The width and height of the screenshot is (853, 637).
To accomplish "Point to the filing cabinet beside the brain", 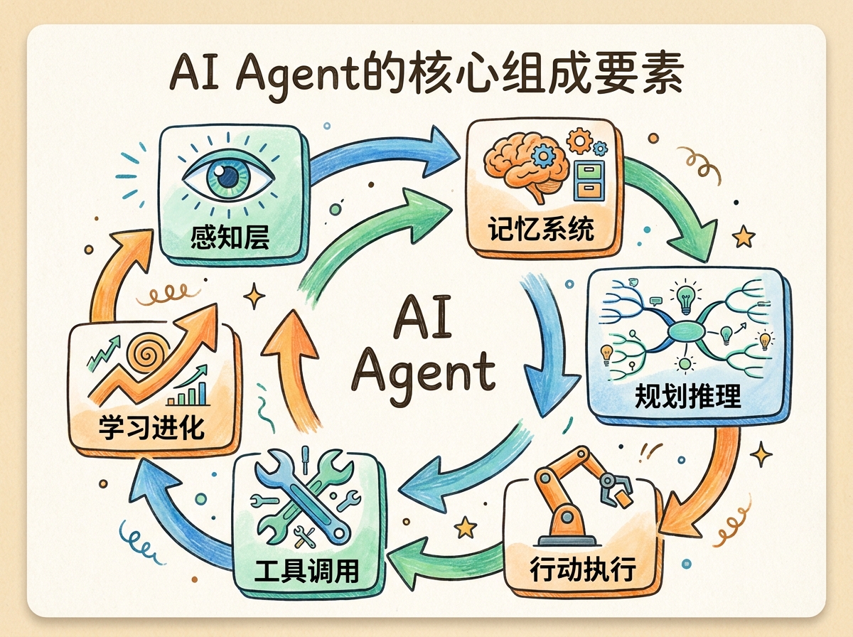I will click(x=586, y=181).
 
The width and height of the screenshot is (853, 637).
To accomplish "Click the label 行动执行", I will click(x=582, y=569).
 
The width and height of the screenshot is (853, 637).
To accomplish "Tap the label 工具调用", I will click(x=306, y=570).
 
